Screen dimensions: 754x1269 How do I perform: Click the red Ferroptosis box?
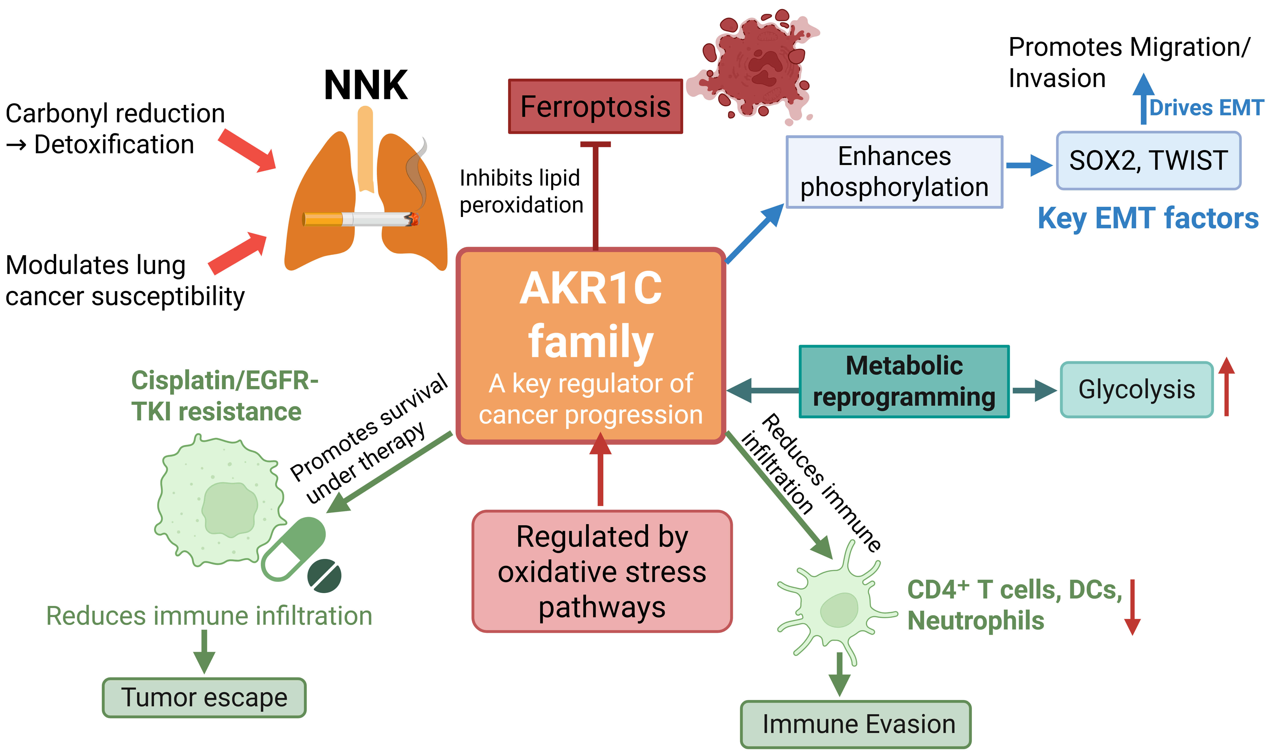595,107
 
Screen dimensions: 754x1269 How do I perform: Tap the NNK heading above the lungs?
366,85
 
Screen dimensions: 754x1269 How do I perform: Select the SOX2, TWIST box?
1148,160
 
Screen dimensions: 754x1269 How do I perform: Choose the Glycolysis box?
1136,390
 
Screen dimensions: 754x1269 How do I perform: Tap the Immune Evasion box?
856,724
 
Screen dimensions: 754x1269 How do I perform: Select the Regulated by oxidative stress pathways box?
602,572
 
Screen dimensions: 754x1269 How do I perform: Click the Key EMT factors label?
1148,219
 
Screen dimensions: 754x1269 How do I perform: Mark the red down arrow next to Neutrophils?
1132,607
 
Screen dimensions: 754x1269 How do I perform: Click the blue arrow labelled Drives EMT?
1144,99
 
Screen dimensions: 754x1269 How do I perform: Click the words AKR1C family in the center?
591,315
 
